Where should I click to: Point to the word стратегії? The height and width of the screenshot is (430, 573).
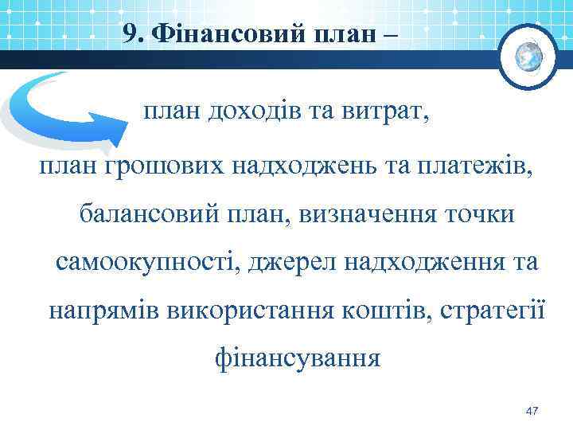click(480, 310)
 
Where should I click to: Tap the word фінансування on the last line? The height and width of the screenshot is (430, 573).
click(298, 358)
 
